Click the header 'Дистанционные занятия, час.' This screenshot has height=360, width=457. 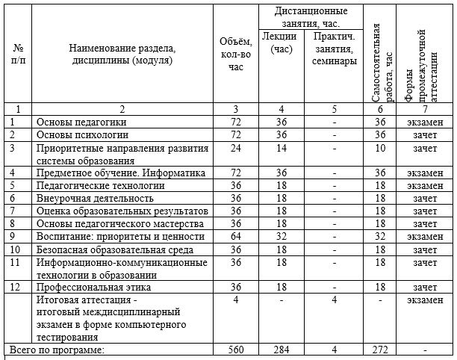click(311, 17)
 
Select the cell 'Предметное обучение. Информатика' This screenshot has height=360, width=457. click(120, 173)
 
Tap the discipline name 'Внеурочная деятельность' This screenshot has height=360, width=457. click(95, 198)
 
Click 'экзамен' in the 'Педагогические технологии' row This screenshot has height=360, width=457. click(426, 185)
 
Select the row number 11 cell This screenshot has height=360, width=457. click(16, 261)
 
